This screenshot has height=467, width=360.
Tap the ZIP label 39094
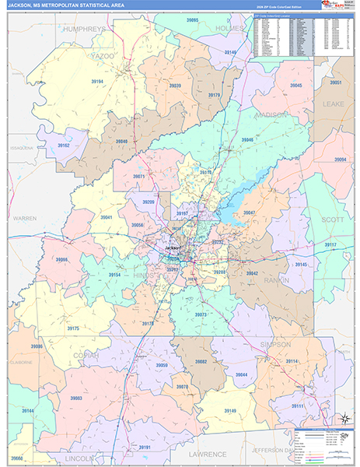pyautogui.click(x=340, y=160)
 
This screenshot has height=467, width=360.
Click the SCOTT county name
pyautogui.click(x=333, y=220)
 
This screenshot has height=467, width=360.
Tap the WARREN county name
pyautogui.click(x=24, y=219)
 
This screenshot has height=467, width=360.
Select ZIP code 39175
pyautogui.click(x=72, y=328)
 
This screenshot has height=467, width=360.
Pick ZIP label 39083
pyautogui.click(x=76, y=398)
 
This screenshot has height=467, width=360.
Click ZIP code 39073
pyautogui.click(x=201, y=314)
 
